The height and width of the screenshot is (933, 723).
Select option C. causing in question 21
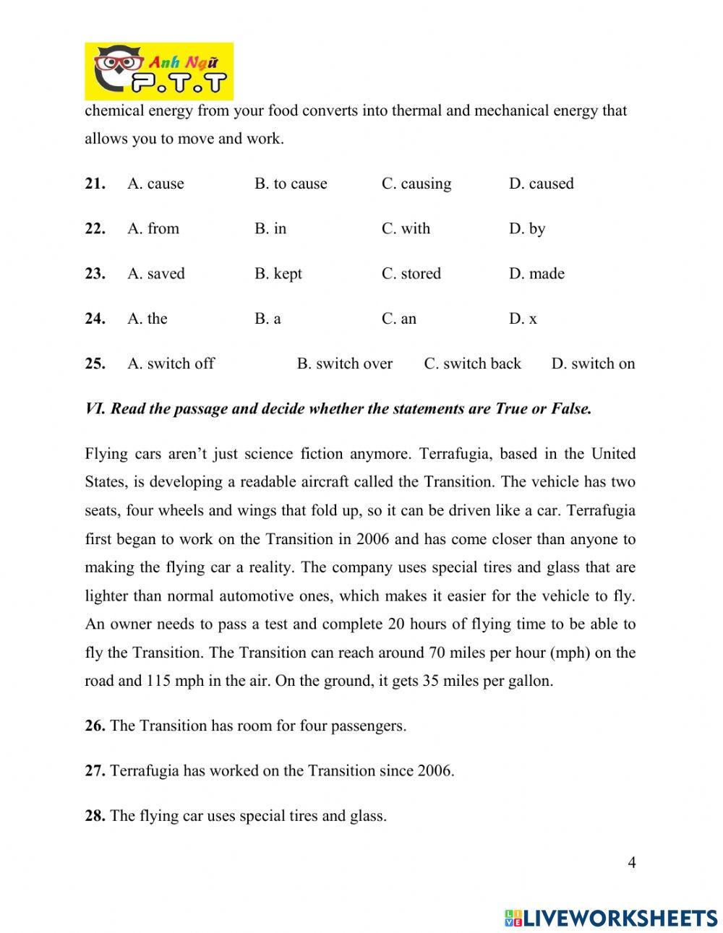416,184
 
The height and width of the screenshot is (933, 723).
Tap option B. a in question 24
268,319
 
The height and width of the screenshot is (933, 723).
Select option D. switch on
593,364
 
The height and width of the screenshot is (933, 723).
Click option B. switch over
344,364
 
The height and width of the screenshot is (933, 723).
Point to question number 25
95,364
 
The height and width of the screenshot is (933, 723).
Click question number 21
95,184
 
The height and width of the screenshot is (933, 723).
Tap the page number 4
632,862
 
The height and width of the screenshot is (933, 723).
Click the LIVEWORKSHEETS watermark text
619,917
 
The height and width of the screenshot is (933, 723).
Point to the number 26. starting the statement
95,726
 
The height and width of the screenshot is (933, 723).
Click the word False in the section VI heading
572,409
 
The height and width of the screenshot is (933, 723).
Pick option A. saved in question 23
155,274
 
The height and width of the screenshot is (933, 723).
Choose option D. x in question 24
523,319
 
